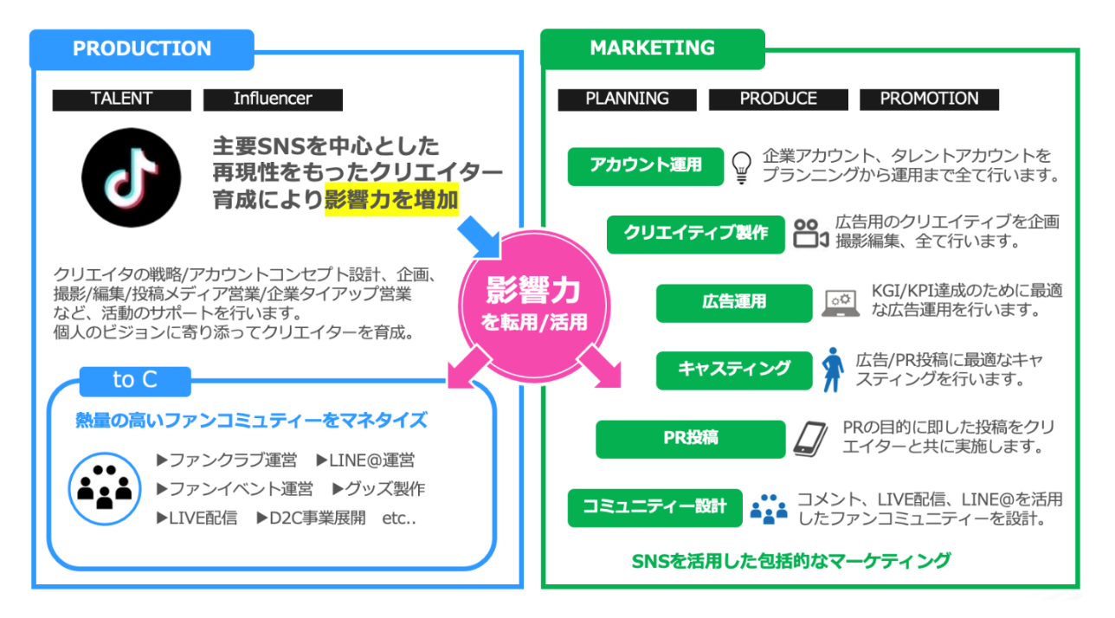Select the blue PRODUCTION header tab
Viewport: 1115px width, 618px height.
click(x=142, y=49)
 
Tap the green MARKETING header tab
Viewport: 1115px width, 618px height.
click(x=653, y=48)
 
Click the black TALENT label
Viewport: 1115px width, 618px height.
click(x=121, y=100)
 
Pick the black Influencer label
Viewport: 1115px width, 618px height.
click(x=273, y=100)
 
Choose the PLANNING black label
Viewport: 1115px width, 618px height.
click(x=627, y=100)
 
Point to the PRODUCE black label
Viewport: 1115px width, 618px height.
click(x=778, y=100)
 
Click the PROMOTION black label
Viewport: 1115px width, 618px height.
click(x=929, y=100)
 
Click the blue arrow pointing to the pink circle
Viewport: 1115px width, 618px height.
click(x=479, y=237)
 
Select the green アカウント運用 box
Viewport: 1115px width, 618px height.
click(x=645, y=165)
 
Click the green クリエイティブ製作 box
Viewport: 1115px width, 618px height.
click(x=695, y=234)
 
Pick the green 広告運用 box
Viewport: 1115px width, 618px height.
click(x=733, y=302)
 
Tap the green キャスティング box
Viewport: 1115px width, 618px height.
click(x=734, y=370)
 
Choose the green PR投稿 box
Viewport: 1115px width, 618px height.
click(x=690, y=439)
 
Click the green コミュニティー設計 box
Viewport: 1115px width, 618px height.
click(x=654, y=507)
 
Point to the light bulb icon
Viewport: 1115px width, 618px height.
click(x=741, y=166)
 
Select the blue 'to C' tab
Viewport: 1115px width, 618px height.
click(x=135, y=380)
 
